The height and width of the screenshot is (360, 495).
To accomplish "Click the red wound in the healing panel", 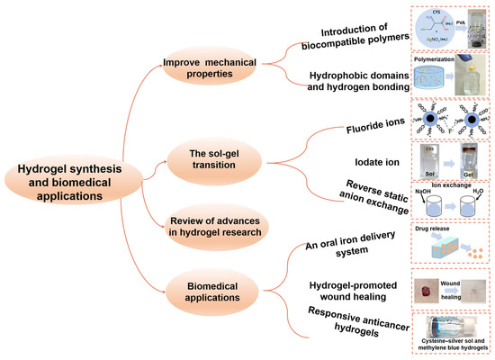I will click(x=426, y=290).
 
